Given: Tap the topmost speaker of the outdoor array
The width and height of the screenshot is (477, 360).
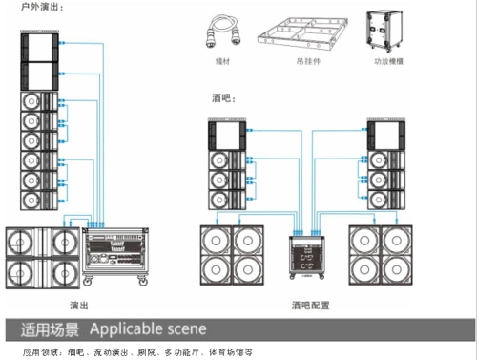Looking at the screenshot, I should [38, 47].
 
